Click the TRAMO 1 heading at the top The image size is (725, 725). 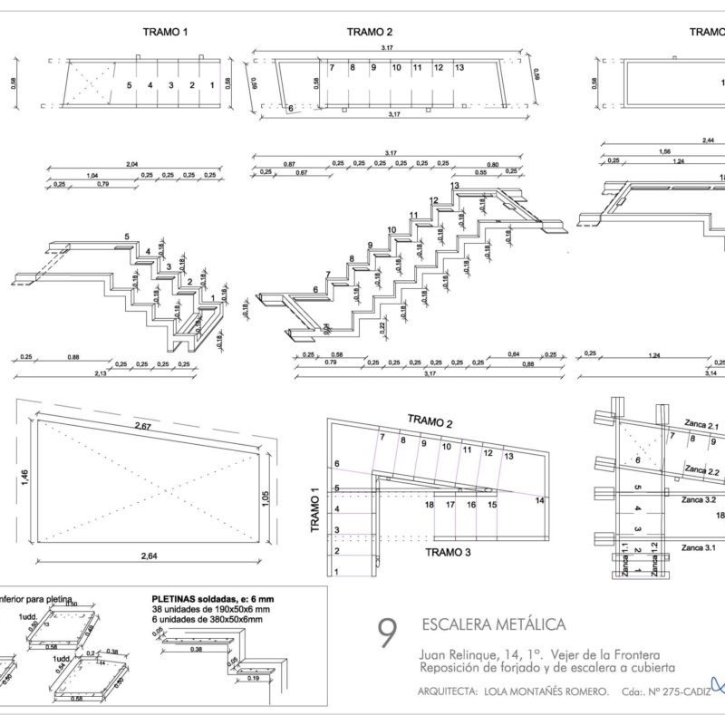pyautogui.click(x=165, y=32)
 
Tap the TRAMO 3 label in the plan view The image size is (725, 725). pyautogui.click(x=452, y=551)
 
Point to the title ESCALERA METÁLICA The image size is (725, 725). pyautogui.click(x=494, y=624)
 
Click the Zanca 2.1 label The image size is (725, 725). pyautogui.click(x=701, y=426)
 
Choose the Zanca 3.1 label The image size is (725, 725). pyautogui.click(x=698, y=547)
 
